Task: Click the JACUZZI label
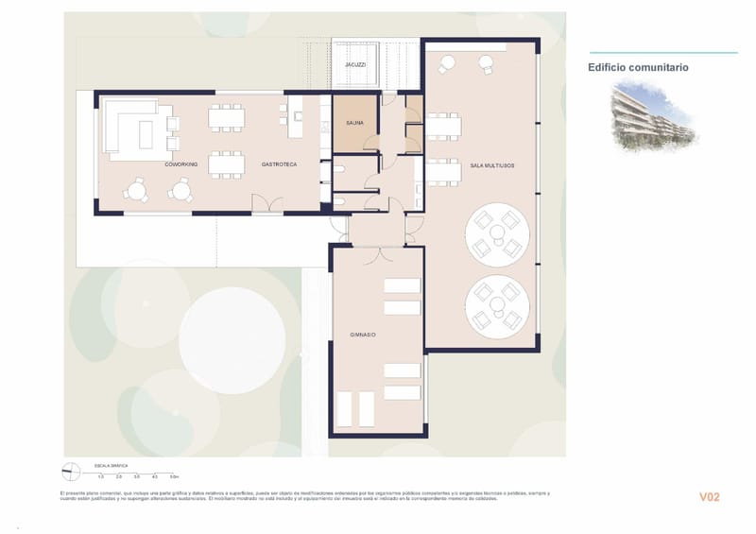click(x=355, y=65)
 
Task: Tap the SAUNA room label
click(x=354, y=122)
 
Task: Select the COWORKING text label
click(x=180, y=164)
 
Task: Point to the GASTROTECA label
click(x=279, y=164)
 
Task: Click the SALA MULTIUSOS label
click(x=491, y=165)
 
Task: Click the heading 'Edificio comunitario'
click(x=638, y=67)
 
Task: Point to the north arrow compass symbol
click(x=71, y=470)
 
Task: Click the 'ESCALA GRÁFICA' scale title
click(x=111, y=466)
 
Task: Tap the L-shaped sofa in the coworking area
click(x=123, y=125)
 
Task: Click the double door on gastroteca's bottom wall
click(x=266, y=206)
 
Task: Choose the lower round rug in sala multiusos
click(x=497, y=305)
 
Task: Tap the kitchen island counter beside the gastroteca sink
click(x=283, y=114)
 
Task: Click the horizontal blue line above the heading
click(x=661, y=53)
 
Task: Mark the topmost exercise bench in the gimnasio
click(x=402, y=286)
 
